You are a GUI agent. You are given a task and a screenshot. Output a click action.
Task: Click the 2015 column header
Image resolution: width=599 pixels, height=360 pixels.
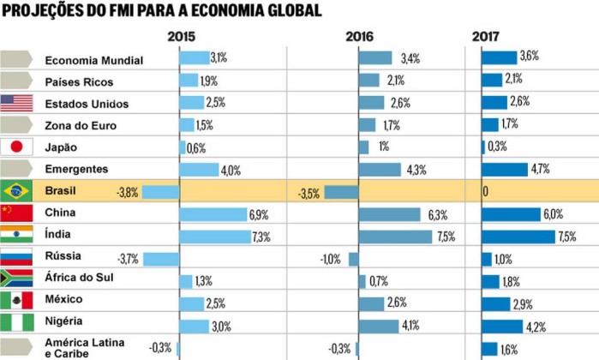click(x=182, y=37)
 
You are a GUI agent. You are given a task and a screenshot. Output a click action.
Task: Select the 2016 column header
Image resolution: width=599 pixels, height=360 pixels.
click(x=361, y=37)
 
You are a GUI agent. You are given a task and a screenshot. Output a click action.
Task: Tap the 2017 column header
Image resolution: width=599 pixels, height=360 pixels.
click(x=486, y=37)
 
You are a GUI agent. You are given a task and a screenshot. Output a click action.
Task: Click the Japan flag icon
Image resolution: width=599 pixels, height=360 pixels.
click(x=17, y=147)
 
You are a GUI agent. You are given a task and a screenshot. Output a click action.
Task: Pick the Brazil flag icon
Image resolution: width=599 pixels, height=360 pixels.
click(x=17, y=190)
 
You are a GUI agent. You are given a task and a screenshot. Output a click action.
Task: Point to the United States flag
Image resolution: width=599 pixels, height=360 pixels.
click(x=17, y=104)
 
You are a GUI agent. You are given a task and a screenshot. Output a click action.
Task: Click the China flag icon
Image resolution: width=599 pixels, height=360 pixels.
click(x=17, y=213)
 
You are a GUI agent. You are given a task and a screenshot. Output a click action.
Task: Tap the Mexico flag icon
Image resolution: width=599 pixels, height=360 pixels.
click(x=17, y=300)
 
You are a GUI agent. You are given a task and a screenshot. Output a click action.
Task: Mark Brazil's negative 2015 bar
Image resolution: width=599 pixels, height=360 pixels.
click(x=160, y=191)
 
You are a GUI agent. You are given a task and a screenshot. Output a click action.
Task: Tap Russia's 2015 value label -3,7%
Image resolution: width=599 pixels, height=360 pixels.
click(x=129, y=257)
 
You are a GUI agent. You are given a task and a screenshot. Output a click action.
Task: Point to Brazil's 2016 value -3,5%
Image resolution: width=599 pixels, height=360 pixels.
click(x=309, y=192)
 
